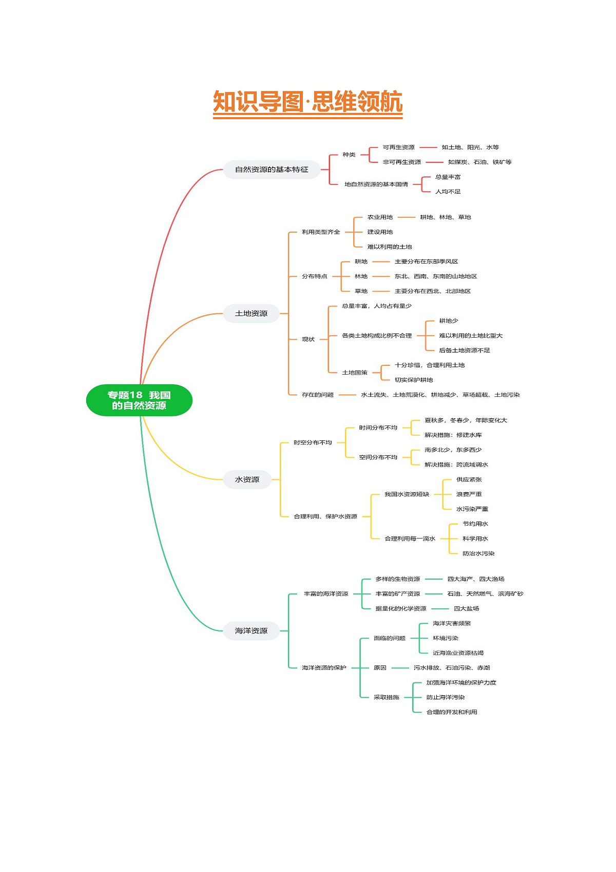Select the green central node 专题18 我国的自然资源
click(139, 400)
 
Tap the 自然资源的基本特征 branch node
click(272, 170)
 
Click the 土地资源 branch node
click(251, 313)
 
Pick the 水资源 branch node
click(247, 479)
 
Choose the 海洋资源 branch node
click(251, 630)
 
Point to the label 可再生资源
click(399, 147)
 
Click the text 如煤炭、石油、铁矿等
click(479, 162)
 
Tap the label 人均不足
click(448, 192)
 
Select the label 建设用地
click(380, 232)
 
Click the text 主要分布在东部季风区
click(426, 262)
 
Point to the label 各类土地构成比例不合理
click(376, 336)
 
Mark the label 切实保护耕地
click(414, 380)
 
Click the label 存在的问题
click(318, 395)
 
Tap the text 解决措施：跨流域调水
click(456, 465)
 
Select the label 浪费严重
click(469, 494)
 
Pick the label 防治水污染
click(478, 553)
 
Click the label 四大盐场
click(466, 608)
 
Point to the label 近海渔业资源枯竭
click(458, 653)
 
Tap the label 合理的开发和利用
click(452, 712)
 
